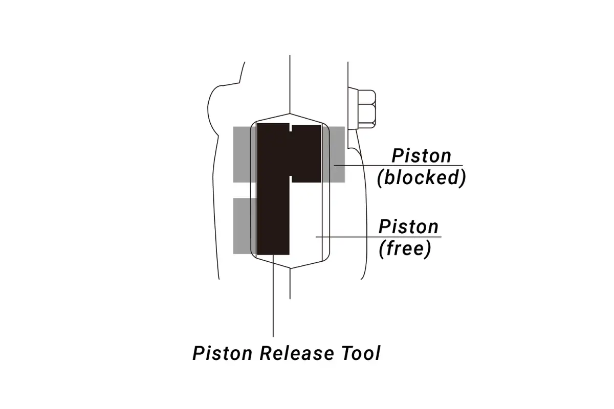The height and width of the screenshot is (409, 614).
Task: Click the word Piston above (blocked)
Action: click(x=421, y=156)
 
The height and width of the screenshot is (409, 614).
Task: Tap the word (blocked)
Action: click(x=422, y=178)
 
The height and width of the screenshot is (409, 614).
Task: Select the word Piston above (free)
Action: click(x=408, y=227)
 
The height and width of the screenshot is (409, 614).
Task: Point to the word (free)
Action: click(x=405, y=249)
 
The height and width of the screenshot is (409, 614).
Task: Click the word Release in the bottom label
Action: click(x=297, y=353)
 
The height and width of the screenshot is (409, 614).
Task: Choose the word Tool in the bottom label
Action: click(x=361, y=353)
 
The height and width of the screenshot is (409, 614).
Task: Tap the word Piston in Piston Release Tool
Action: click(x=222, y=353)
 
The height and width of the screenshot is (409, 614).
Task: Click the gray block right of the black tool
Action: click(x=333, y=154)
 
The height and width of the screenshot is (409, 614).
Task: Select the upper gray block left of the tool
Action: click(x=245, y=154)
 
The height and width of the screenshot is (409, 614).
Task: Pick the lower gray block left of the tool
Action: click(x=245, y=226)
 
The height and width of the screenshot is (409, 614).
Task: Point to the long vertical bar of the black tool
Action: click(x=273, y=189)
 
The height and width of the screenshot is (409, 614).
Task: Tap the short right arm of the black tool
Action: click(x=306, y=154)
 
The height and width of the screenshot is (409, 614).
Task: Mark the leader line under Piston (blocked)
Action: click(x=398, y=166)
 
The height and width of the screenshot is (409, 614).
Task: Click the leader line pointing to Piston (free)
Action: click(x=378, y=237)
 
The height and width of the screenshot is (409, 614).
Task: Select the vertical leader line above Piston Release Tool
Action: click(x=273, y=296)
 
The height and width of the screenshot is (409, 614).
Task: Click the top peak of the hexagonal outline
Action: click(x=290, y=113)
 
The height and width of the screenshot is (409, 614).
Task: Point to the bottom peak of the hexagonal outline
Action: click(x=290, y=268)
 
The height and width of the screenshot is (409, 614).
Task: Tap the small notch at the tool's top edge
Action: click(x=291, y=127)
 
